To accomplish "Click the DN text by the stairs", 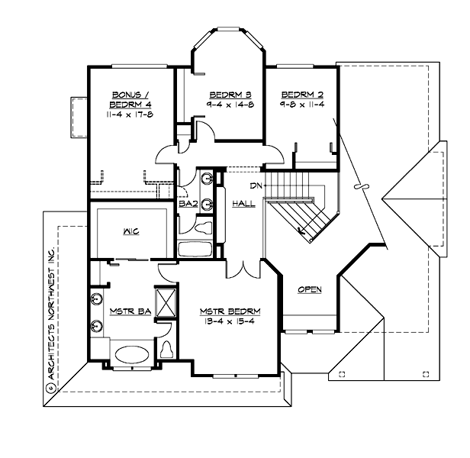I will click(x=256, y=185).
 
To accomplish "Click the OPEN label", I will click(x=309, y=289).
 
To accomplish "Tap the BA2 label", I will click(x=188, y=204).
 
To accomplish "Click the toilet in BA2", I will click(x=202, y=227).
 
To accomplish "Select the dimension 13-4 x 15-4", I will click(x=230, y=322).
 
